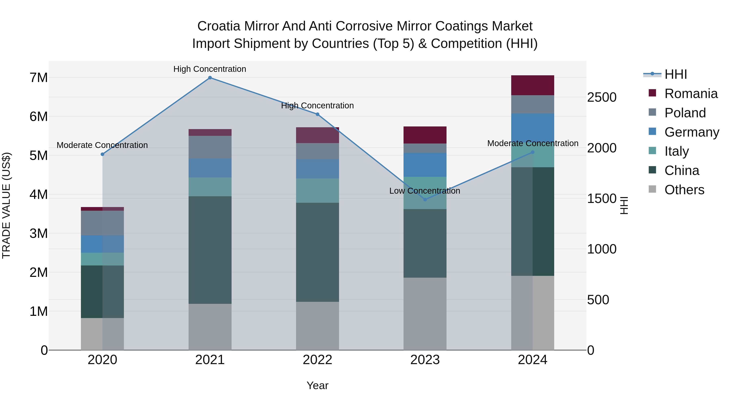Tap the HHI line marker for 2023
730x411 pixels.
tap(425, 200)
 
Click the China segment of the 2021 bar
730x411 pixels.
tap(210, 250)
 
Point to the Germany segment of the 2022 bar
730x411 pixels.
tap(317, 169)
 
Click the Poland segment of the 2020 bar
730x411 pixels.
tap(102, 223)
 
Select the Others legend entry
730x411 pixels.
tap(684, 190)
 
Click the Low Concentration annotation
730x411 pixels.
tap(424, 191)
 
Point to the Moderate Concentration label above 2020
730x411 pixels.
tap(102, 145)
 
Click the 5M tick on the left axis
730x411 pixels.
tap(39, 156)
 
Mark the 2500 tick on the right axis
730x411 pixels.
tap(602, 97)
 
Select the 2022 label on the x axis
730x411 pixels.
tap(317, 360)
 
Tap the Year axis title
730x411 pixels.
tap(317, 385)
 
